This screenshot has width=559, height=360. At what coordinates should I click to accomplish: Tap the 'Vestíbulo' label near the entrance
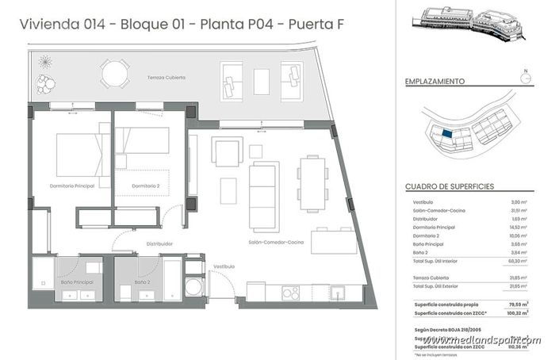[224, 267]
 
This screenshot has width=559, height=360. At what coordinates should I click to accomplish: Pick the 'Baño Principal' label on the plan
[76, 282]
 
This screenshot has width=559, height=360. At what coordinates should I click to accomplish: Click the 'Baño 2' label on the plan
[143, 282]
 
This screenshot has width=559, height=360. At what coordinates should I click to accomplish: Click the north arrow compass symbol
[524, 78]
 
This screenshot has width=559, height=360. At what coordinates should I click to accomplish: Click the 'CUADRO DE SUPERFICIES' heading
[450, 186]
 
